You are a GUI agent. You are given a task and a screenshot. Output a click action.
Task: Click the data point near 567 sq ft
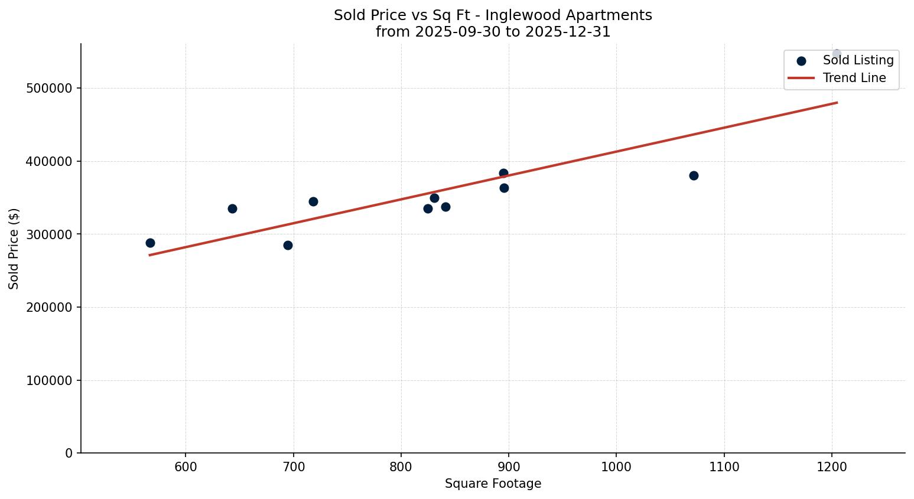[x=150, y=243]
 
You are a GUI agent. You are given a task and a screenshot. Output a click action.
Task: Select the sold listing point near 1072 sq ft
[x=694, y=175]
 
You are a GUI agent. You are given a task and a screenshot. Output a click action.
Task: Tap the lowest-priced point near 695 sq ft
[x=288, y=245]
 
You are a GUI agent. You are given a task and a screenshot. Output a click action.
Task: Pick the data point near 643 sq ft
[x=232, y=208]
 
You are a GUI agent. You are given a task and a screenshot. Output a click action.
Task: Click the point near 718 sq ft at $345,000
[x=313, y=201]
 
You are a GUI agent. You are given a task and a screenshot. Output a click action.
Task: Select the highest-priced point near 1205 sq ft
[x=837, y=54]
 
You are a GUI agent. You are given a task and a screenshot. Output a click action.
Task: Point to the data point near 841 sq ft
[x=445, y=207]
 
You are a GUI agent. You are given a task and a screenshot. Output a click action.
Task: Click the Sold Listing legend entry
[x=858, y=60]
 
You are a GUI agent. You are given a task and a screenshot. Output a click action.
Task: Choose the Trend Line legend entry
[x=854, y=78]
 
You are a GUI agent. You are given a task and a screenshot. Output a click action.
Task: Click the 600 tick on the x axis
[x=186, y=467]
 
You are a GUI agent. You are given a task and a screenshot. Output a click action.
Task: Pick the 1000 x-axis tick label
[x=616, y=467]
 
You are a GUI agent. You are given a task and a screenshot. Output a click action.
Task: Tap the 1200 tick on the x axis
[x=832, y=467]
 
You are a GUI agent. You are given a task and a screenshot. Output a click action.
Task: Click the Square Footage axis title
[x=493, y=484]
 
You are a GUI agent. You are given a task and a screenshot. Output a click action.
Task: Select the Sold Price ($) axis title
[x=14, y=249]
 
